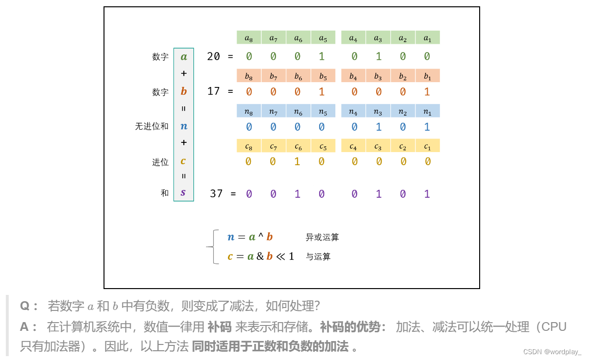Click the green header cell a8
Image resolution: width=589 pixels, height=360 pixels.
click(249, 38)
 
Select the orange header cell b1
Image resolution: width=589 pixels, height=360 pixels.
click(428, 76)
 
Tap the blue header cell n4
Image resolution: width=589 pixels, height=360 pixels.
click(353, 111)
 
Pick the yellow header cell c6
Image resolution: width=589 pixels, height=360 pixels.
click(298, 146)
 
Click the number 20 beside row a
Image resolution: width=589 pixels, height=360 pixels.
click(213, 56)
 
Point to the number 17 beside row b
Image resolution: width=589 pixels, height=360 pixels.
click(213, 91)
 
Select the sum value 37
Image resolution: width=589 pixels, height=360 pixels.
click(216, 193)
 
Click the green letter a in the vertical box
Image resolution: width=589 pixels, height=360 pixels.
click(184, 56)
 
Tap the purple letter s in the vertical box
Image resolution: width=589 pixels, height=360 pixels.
click(183, 192)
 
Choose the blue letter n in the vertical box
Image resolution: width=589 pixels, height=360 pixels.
click(184, 126)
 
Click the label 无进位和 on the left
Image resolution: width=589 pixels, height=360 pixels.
click(152, 126)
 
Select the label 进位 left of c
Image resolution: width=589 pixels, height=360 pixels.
click(160, 162)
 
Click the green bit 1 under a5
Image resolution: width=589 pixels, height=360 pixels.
click(322, 56)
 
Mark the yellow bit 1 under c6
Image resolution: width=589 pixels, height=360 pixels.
click(297, 161)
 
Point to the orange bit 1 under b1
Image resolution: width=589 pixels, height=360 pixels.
click(427, 91)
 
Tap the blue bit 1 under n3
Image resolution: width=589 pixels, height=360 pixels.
click(379, 127)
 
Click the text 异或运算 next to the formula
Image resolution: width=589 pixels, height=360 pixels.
click(322, 237)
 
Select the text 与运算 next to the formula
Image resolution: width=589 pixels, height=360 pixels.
click(318, 257)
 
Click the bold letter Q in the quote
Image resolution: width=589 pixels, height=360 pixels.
click(25, 306)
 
